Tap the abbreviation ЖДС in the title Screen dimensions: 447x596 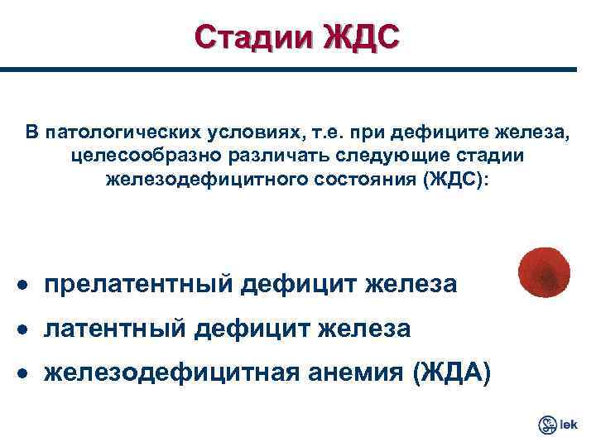(357, 38)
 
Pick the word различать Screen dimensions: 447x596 (257, 156)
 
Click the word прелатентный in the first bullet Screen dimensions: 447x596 (138, 285)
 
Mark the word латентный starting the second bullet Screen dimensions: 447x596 (115, 329)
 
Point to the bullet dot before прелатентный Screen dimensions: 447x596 (28, 286)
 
